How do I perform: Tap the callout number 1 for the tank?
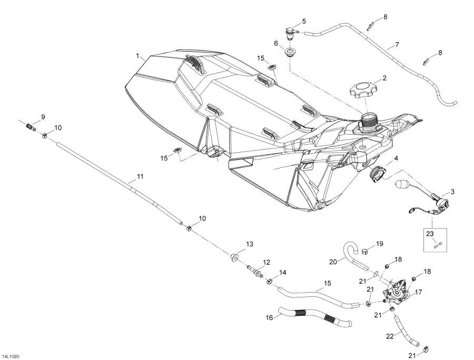[137, 55]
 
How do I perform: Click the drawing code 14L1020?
[11, 356]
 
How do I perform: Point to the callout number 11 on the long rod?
[140, 177]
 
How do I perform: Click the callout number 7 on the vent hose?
[397, 45]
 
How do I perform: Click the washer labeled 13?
[234, 257]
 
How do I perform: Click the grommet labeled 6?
[290, 53]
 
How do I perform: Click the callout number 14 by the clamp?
[283, 272]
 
